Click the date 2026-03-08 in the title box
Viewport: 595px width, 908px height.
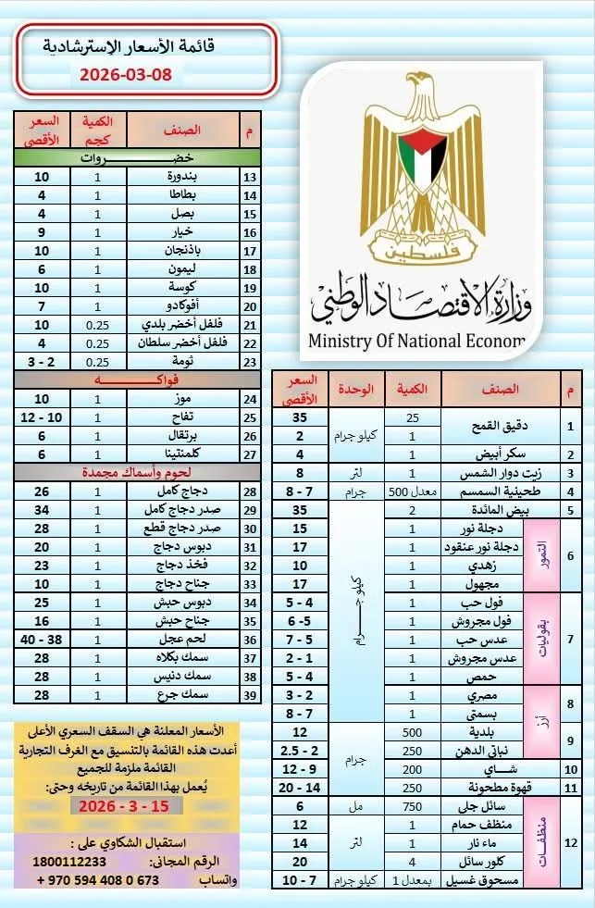tap(126, 75)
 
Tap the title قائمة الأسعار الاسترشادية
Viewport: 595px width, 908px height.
tap(143, 45)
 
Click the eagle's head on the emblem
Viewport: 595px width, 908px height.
tap(423, 93)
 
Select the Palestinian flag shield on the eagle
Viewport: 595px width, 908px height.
tap(422, 157)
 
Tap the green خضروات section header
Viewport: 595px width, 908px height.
tap(137, 158)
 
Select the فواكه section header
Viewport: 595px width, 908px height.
tap(137, 379)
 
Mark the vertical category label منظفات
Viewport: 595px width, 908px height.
tap(542, 842)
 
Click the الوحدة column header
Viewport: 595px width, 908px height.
tap(357, 390)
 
